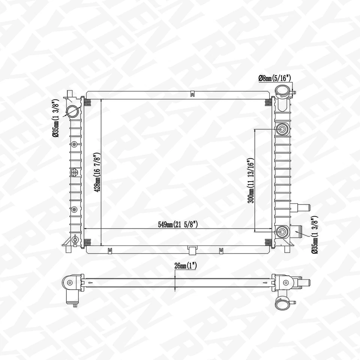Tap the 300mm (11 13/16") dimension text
point(250,181)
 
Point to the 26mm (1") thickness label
point(185,266)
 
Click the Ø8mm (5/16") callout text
point(275,78)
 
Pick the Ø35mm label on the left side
point(55,118)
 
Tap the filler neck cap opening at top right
point(282,91)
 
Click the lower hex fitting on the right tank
point(281,232)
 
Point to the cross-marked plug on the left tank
point(74,172)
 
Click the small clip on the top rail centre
point(191,94)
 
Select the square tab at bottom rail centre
point(192,249)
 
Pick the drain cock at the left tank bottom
point(74,238)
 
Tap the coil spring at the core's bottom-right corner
point(268,241)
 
